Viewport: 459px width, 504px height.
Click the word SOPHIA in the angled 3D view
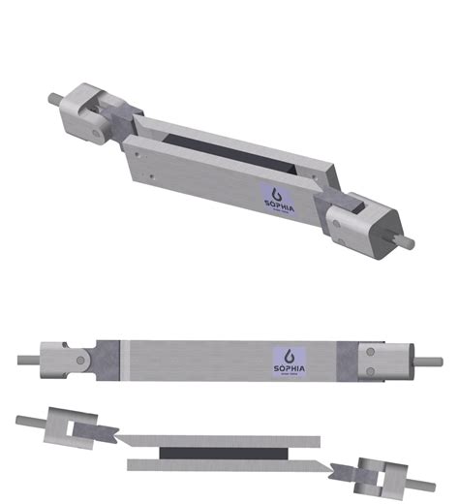[x=282, y=204]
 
